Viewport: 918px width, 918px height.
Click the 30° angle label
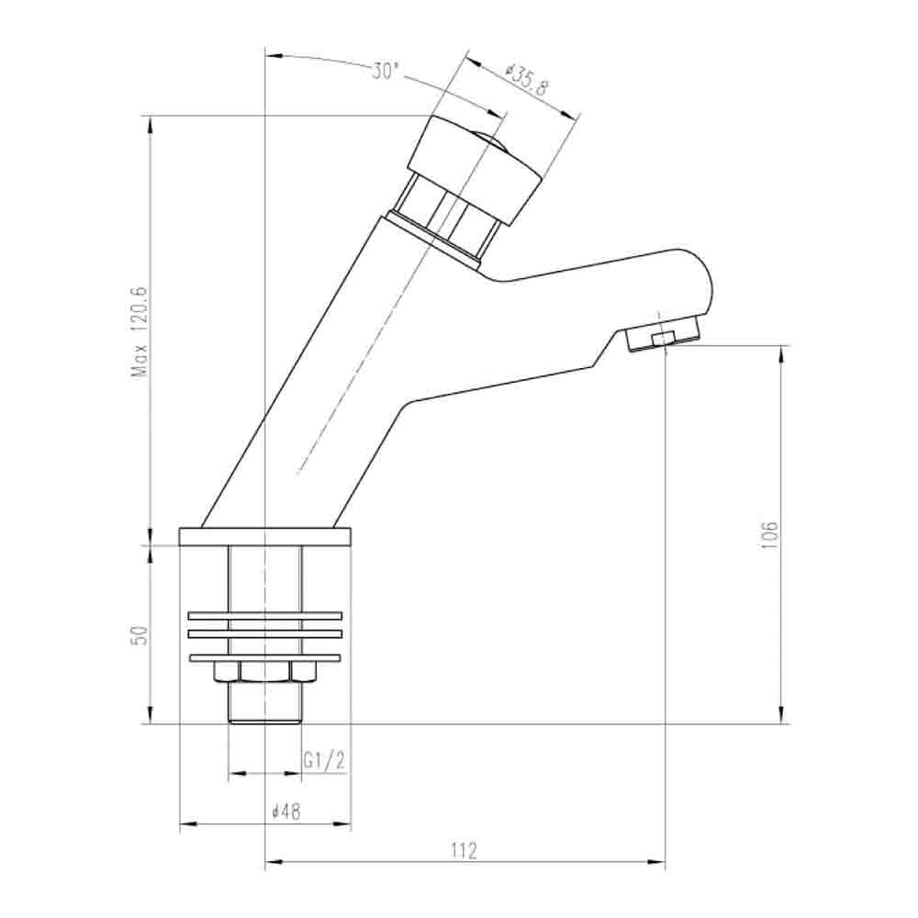pyautogui.click(x=386, y=71)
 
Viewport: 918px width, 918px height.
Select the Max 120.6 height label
pyautogui.click(x=140, y=331)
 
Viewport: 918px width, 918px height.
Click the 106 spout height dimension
pyautogui.click(x=769, y=534)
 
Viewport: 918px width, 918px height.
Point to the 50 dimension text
pyautogui.click(x=140, y=635)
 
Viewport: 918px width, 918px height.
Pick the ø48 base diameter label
pyautogui.click(x=287, y=812)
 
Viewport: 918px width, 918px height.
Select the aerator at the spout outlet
pyautogui.click(x=663, y=339)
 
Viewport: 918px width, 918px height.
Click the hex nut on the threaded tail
pyautogui.click(x=264, y=673)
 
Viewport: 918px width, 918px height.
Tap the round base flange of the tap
pyautogui.click(x=265, y=536)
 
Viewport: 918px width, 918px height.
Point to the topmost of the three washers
pyautogui.click(x=264, y=616)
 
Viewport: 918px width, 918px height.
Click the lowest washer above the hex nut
pyautogui.click(x=264, y=657)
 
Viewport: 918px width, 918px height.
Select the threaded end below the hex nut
pyautogui.click(x=264, y=703)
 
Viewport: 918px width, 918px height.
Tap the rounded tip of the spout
pyautogui.click(x=702, y=285)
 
